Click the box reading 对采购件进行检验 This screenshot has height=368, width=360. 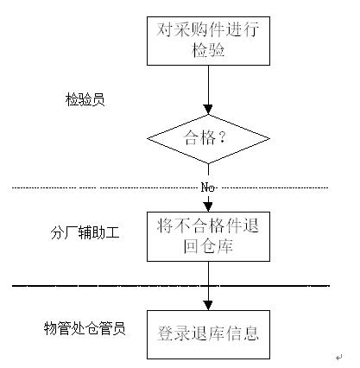[208, 41]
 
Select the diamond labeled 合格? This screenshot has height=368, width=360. [208, 139]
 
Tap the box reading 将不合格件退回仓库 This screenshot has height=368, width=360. [208, 237]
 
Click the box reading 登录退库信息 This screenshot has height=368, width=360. [208, 334]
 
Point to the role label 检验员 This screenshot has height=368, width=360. [85, 99]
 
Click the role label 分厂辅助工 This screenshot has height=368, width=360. [85, 232]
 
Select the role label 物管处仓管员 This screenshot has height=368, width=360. [85, 328]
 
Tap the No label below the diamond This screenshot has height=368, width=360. [208, 187]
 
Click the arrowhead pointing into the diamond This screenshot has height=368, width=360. [208, 110]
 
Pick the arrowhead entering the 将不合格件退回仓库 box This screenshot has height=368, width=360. [208, 207]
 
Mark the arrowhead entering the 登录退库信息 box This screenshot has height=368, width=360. [208, 306]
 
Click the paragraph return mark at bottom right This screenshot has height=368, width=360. [339, 358]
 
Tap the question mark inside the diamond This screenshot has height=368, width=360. [222, 137]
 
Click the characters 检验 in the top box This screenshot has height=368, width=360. [208, 50]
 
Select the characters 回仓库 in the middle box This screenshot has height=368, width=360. [208, 246]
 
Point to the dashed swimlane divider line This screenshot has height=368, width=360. [170, 188]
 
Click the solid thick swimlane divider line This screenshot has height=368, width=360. [170, 286]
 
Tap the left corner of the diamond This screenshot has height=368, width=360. [148, 139]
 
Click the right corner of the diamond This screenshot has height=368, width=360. [269, 139]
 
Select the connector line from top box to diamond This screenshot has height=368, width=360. [208, 86]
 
